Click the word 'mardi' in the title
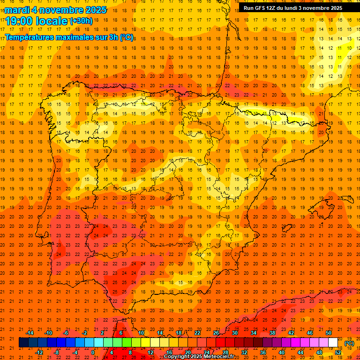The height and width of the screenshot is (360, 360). (x=17, y=10)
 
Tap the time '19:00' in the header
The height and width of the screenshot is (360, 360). (x=19, y=21)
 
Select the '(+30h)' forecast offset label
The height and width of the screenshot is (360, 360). (x=81, y=21)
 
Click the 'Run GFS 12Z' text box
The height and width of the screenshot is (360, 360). (x=293, y=8)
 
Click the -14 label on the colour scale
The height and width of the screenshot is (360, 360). (x=30, y=333)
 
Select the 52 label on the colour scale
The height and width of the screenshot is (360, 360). (x=338, y=352)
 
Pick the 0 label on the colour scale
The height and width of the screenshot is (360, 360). (x=93, y=352)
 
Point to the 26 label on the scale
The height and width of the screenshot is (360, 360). (x=216, y=333)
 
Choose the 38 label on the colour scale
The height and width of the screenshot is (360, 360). (x=272, y=333)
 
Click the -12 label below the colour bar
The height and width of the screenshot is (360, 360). (x=39, y=352)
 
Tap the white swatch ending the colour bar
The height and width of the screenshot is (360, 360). (x=333, y=343)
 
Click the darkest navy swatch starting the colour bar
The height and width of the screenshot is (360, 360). (x=23, y=343)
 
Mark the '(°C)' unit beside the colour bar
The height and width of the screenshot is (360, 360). (x=349, y=343)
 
